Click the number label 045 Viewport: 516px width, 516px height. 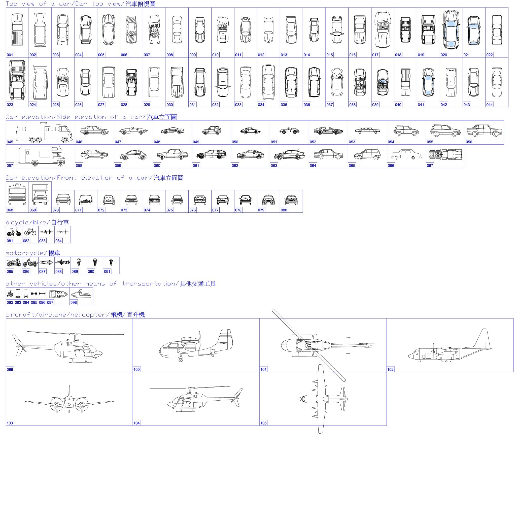tap(10, 142)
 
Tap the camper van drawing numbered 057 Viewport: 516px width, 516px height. tap(42, 156)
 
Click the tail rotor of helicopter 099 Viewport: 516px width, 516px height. tap(19, 345)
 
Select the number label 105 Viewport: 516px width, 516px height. tap(263, 423)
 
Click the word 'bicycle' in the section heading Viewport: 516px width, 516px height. tap(16, 222)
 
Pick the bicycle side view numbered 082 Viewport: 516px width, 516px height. tap(30, 232)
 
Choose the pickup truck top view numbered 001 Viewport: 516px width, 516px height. tap(17, 30)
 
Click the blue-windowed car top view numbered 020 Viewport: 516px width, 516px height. tap(451, 30)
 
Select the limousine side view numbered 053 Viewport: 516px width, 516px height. tap(367, 131)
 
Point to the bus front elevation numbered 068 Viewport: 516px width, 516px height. tap(17, 194)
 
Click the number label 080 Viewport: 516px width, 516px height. tap(284, 210)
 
